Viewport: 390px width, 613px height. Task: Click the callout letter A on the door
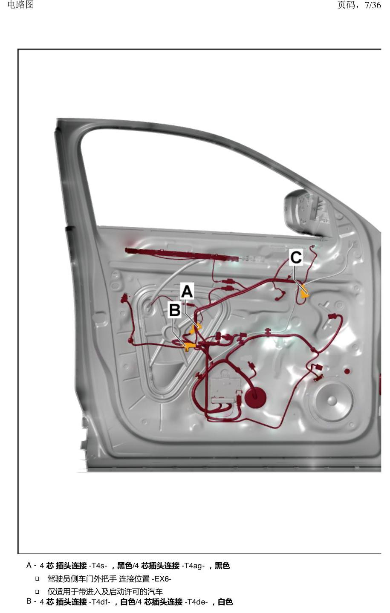click(x=187, y=291)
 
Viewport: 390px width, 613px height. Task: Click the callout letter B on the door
click(x=175, y=310)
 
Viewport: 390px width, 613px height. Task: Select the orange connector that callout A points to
click(x=195, y=328)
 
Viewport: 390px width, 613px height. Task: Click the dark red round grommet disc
click(x=255, y=397)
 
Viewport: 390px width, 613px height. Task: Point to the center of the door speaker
click(x=332, y=400)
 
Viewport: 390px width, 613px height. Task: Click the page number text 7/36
click(x=373, y=5)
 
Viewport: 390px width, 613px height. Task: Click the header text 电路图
click(x=21, y=5)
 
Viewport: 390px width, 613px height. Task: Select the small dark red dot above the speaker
click(x=347, y=371)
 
